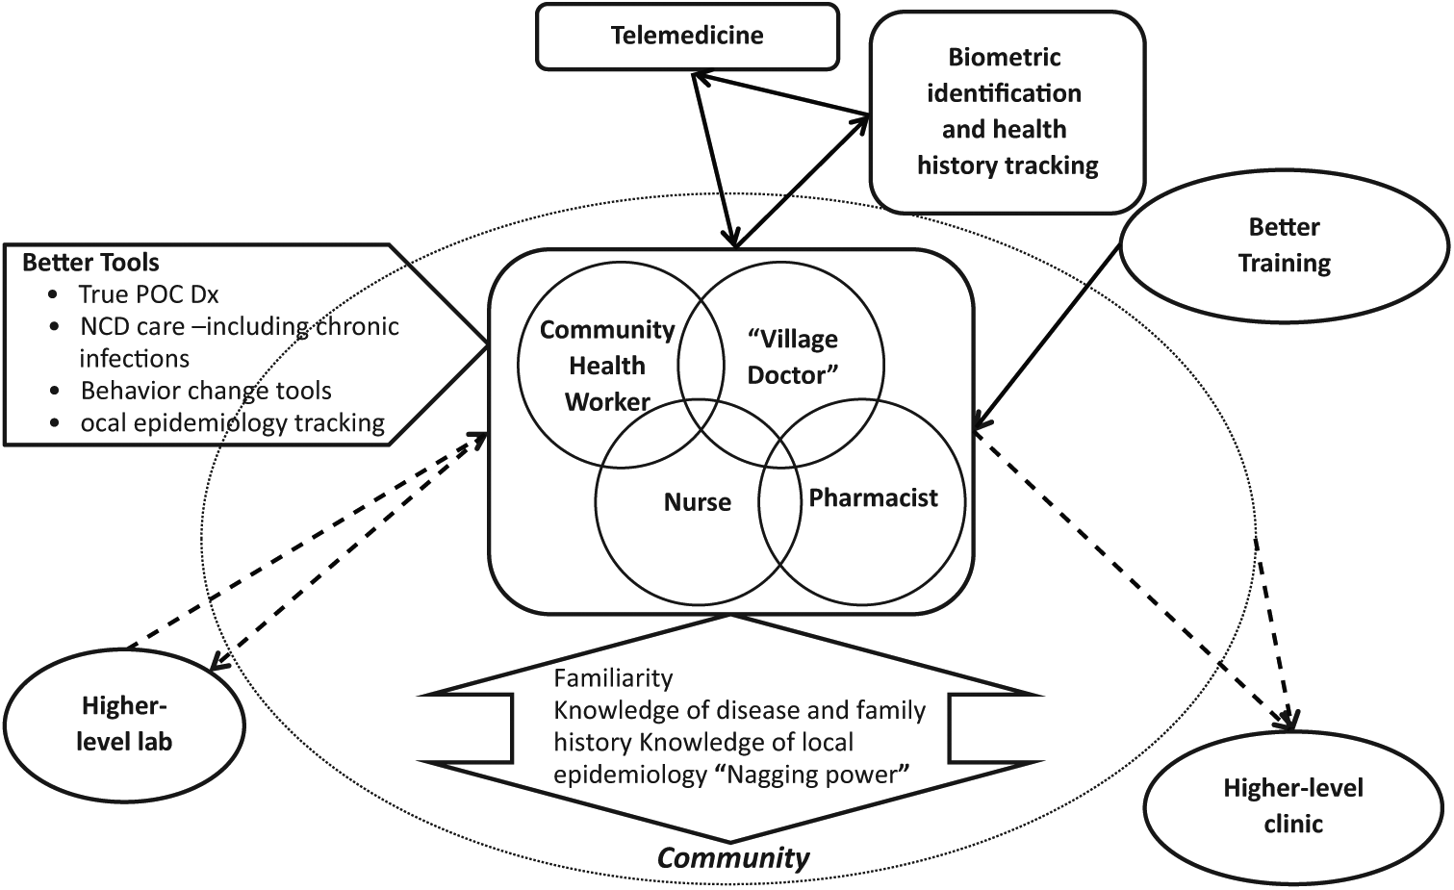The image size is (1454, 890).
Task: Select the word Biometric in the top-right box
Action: coord(1005,57)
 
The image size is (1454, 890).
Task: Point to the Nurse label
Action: coord(697,502)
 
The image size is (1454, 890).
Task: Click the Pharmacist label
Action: coord(873,497)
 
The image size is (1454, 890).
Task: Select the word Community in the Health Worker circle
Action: coord(607,330)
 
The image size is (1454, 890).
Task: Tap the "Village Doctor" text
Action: coord(793,357)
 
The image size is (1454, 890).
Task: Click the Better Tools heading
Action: coord(90,263)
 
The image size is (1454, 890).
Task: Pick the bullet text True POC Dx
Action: coord(148,294)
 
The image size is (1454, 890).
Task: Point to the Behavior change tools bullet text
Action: coord(206,391)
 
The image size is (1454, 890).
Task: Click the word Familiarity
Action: coord(613,678)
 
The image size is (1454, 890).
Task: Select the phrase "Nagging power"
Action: coord(815,775)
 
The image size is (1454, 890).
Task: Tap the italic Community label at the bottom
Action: coord(733,858)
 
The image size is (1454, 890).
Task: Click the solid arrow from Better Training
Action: coord(1046,337)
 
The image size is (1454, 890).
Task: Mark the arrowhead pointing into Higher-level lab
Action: coord(218,663)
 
